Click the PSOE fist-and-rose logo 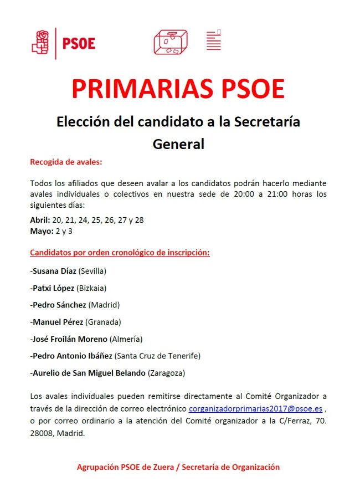click(x=41, y=42)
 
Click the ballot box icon click(x=171, y=42)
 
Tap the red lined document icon click(x=213, y=40)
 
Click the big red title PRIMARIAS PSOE click(x=178, y=89)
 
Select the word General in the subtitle click(x=178, y=144)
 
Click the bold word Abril click(x=40, y=219)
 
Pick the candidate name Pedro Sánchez click(x=59, y=304)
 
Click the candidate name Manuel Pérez click(x=57, y=321)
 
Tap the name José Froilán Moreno click(x=69, y=339)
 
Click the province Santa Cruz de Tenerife click(x=157, y=356)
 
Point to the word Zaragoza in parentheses click(x=166, y=373)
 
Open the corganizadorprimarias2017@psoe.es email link click(x=255, y=409)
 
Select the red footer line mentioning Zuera click(x=178, y=467)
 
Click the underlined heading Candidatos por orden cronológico click(x=120, y=253)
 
